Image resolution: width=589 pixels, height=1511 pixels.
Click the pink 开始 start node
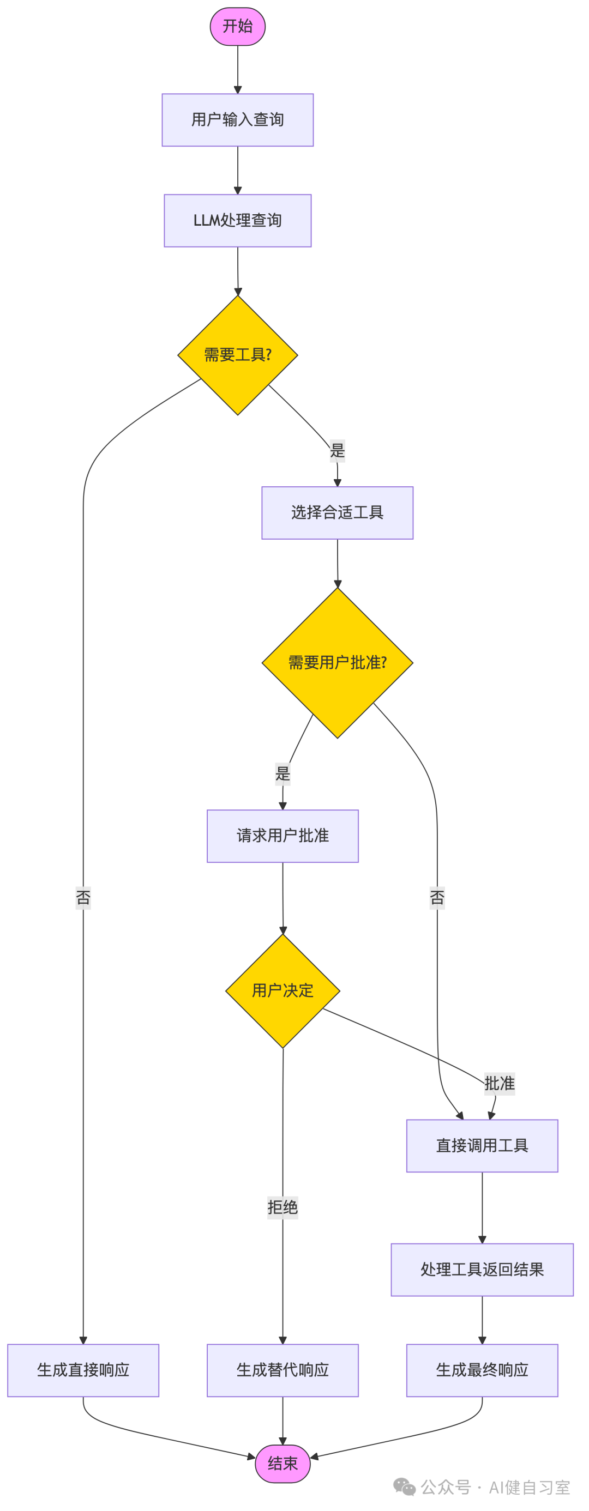pos(238,26)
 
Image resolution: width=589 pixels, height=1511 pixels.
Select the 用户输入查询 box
pos(238,120)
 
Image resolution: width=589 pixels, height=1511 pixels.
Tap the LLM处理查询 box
pos(238,221)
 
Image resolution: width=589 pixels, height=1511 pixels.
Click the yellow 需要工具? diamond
pos(238,355)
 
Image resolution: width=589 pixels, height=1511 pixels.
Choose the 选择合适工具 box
pos(338,512)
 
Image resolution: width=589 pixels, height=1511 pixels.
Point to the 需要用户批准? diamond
pos(338,663)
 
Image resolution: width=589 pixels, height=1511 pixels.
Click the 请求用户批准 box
pos(282,836)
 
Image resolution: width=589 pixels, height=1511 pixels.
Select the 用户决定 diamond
pos(282,991)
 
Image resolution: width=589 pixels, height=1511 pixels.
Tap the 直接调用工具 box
pos(482,1146)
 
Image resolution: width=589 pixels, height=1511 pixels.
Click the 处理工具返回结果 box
pos(482,1270)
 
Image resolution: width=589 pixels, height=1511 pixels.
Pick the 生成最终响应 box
pos(482,1370)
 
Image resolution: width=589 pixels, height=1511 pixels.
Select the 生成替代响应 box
pos(282,1370)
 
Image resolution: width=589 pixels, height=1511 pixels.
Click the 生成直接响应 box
pos(83,1370)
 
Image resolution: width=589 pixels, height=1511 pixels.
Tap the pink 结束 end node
pos(282,1464)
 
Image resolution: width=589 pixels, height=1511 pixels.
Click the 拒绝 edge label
pos(282,1207)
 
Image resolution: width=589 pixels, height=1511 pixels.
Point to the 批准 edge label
pos(499,1084)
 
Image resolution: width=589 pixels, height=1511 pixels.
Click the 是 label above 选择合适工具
pos(338,450)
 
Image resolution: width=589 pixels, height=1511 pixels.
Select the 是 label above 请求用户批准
pos(282,773)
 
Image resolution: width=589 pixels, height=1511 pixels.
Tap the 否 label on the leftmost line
pos(83,897)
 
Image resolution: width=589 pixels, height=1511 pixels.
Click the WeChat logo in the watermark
pos(404,1487)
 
